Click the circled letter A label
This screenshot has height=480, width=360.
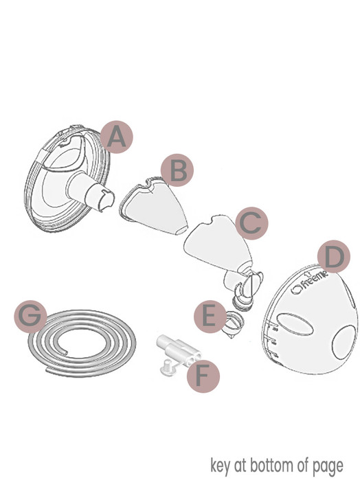117,138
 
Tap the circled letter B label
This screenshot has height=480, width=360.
177,171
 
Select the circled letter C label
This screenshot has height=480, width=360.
251,222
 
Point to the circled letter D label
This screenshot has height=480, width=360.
333,258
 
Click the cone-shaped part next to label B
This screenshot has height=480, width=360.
152,203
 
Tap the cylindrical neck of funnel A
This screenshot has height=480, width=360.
95,192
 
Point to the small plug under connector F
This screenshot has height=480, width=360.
165,368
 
